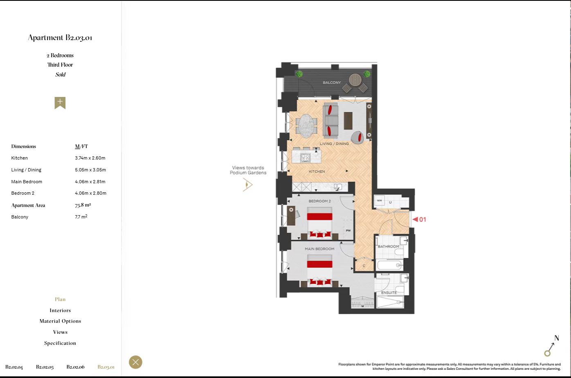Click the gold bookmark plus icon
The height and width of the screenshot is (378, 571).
pos(60,103)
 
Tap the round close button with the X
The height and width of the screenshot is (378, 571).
pos(136,362)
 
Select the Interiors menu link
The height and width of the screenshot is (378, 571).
pos(60,310)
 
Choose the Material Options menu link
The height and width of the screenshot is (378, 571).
pos(60,321)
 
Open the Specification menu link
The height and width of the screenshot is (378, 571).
pos(60,343)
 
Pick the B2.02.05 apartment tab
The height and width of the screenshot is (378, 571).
pos(45,367)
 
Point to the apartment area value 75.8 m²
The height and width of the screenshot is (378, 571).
pos(83,205)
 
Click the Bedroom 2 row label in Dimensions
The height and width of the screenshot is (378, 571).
pos(23,193)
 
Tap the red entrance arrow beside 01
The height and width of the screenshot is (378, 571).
pos(415,219)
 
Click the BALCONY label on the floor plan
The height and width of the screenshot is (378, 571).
pos(332,83)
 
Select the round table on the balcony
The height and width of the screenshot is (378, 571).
pos(355,79)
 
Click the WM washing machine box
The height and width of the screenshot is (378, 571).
pos(380,200)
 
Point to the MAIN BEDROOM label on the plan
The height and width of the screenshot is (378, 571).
pos(319,249)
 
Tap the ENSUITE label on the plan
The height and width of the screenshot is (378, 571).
pos(389,293)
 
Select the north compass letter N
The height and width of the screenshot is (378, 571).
pos(557,338)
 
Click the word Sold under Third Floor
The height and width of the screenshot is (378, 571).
pos(61,75)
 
